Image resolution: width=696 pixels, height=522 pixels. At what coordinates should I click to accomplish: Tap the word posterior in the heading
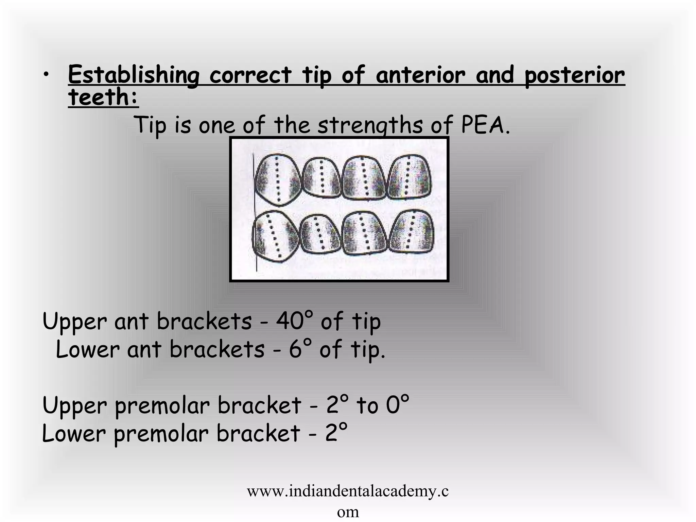tap(574, 75)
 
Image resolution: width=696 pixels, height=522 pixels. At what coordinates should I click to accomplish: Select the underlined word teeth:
tap(103, 97)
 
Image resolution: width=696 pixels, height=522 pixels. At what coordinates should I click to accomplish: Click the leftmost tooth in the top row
tap(277, 180)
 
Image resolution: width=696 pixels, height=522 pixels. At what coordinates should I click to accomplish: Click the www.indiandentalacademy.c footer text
tap(347, 491)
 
